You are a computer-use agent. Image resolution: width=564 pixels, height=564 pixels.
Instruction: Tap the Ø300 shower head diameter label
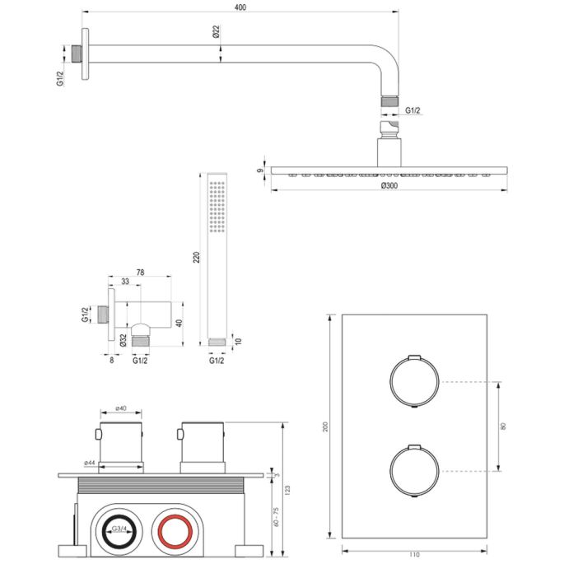[x=389, y=187]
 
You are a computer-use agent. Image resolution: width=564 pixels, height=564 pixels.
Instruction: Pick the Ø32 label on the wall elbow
[x=123, y=338]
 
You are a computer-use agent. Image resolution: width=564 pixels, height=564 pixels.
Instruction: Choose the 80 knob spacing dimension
[x=506, y=426]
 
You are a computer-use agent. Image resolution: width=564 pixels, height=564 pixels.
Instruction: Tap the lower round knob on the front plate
[x=411, y=470]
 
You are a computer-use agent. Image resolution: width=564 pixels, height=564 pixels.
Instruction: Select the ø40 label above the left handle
[x=120, y=408]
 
